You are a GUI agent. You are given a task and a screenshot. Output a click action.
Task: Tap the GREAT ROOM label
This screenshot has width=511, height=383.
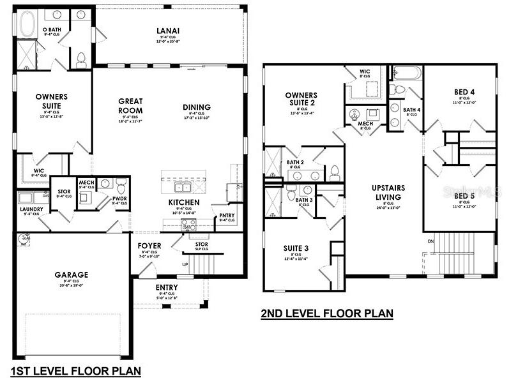pyautogui.click(x=130, y=105)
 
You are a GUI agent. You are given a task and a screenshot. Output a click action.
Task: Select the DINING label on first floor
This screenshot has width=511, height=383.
pyautogui.click(x=196, y=107)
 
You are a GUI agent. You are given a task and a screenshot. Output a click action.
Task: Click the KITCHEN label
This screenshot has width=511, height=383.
pyautogui.click(x=185, y=202)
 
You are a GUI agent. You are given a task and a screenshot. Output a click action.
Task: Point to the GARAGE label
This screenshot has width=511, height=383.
pyautogui.click(x=72, y=274)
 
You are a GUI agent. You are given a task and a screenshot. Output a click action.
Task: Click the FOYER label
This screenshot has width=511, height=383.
pyautogui.click(x=149, y=246)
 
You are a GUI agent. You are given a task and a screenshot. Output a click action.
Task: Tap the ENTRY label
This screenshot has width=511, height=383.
pyautogui.click(x=167, y=287)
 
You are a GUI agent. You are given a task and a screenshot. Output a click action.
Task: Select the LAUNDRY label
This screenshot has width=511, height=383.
pyautogui.click(x=31, y=209)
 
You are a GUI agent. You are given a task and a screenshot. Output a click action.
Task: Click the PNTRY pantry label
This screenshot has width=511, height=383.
pyautogui.click(x=227, y=215)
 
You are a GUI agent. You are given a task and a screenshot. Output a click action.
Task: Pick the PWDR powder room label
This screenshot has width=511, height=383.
pyautogui.click(x=119, y=199)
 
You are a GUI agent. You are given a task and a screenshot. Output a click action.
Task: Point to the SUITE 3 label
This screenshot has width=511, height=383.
pyautogui.click(x=296, y=248)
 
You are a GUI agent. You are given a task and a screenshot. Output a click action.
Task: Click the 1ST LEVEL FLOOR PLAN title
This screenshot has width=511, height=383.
pyautogui.click(x=75, y=370)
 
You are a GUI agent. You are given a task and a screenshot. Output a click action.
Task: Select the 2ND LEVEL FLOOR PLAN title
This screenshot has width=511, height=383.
pyautogui.click(x=326, y=313)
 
